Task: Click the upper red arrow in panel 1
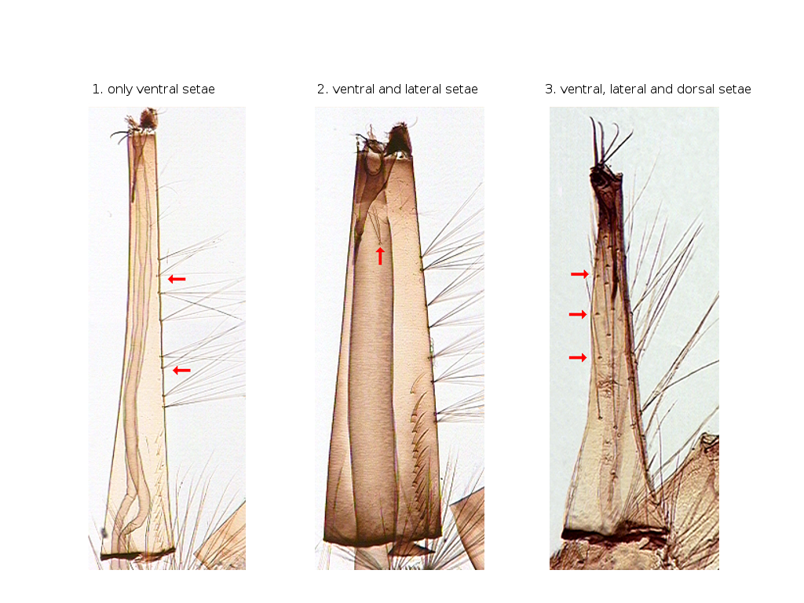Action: pos(177,279)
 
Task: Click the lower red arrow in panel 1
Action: pos(181,371)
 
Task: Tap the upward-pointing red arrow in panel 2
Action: pos(380,256)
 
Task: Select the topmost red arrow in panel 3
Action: pos(580,274)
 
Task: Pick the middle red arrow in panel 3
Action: pos(578,314)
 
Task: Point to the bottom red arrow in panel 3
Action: pos(578,357)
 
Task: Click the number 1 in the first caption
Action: pos(96,90)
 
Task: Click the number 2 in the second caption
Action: pos(321,90)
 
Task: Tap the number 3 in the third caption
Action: pos(549,90)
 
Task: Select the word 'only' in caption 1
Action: pos(120,90)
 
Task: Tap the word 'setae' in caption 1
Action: pos(199,90)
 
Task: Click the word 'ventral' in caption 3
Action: pos(582,90)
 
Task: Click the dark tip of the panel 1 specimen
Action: pos(148,119)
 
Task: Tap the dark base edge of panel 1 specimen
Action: pos(137,554)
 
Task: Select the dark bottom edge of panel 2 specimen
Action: pos(382,539)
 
